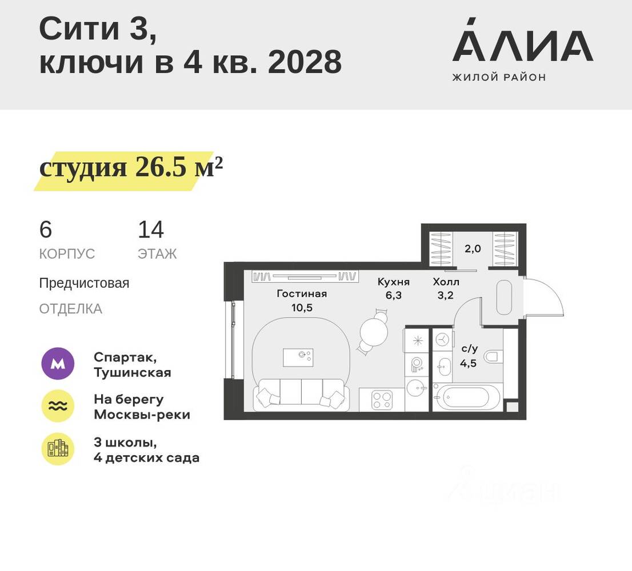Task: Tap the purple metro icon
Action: point(58,364)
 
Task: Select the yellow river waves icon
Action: point(58,406)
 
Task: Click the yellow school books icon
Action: point(58,449)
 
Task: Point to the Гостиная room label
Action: point(302,294)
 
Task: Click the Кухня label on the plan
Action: point(393,282)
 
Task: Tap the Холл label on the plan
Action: point(446,282)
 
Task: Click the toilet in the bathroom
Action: point(493,357)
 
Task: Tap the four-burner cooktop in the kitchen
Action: point(380,399)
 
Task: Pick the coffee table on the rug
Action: point(298,357)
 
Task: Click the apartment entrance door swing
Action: point(543,297)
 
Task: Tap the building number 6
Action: point(46,230)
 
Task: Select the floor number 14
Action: point(151,230)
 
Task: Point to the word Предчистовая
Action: point(84,283)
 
